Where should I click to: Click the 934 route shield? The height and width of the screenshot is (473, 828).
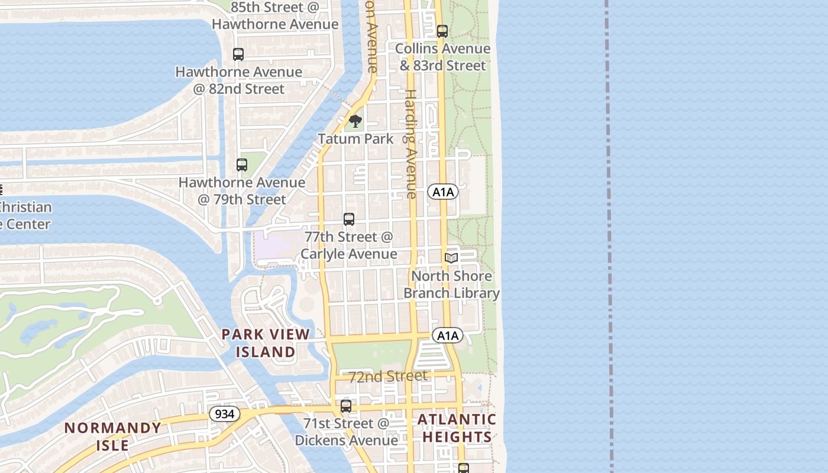(225, 414)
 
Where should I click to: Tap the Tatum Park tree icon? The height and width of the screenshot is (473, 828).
(355, 122)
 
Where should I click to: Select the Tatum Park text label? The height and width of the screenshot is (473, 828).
(355, 139)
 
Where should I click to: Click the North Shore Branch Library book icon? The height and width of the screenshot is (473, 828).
(451, 258)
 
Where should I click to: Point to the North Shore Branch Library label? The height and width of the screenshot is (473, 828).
(451, 284)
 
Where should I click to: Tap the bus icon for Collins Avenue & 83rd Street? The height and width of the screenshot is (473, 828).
(442, 31)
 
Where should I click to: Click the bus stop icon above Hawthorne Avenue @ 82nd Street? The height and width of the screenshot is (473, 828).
(238, 54)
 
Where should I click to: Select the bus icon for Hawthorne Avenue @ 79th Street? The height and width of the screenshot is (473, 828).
(242, 165)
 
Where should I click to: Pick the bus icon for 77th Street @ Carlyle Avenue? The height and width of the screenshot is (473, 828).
(349, 219)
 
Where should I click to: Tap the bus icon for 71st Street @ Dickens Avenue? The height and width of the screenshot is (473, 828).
(346, 406)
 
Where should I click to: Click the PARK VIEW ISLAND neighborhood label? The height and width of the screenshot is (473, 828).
(266, 343)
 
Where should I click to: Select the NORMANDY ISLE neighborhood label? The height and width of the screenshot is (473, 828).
(112, 436)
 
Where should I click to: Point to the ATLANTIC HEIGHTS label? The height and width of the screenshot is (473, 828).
(457, 428)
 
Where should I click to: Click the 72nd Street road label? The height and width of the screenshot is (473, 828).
(387, 377)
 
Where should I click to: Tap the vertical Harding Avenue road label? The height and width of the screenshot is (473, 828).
(410, 144)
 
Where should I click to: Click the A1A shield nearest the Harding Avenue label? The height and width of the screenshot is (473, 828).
(443, 192)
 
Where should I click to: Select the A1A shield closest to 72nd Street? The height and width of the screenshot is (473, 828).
(448, 336)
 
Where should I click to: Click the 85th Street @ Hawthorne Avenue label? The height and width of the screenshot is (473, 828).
(275, 15)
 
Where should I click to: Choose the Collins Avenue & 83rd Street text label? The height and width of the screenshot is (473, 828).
(442, 57)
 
